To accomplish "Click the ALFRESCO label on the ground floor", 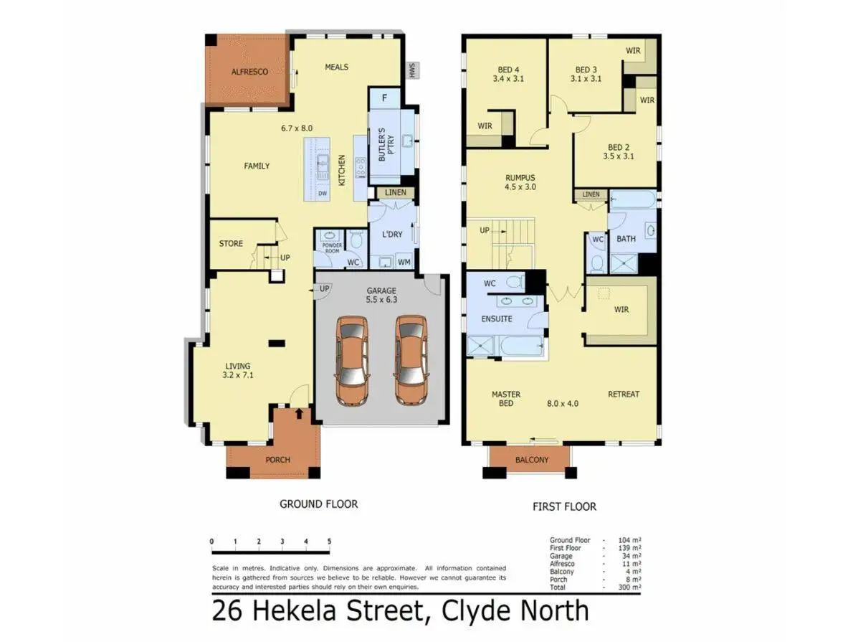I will click(x=249, y=72).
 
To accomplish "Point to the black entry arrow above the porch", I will click(x=298, y=412).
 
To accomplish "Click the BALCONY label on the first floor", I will click(x=531, y=460).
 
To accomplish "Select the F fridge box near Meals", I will click(x=385, y=98).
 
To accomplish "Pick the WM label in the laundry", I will click(x=404, y=263).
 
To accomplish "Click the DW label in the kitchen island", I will click(x=323, y=193).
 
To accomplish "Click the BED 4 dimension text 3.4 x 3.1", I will click(x=508, y=80).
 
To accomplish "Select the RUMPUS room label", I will click(x=520, y=177).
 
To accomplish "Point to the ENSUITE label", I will click(x=497, y=318).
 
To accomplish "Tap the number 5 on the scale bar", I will click(x=329, y=541).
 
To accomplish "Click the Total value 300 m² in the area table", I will click(x=631, y=587).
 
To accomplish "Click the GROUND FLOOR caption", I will click(x=318, y=504).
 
